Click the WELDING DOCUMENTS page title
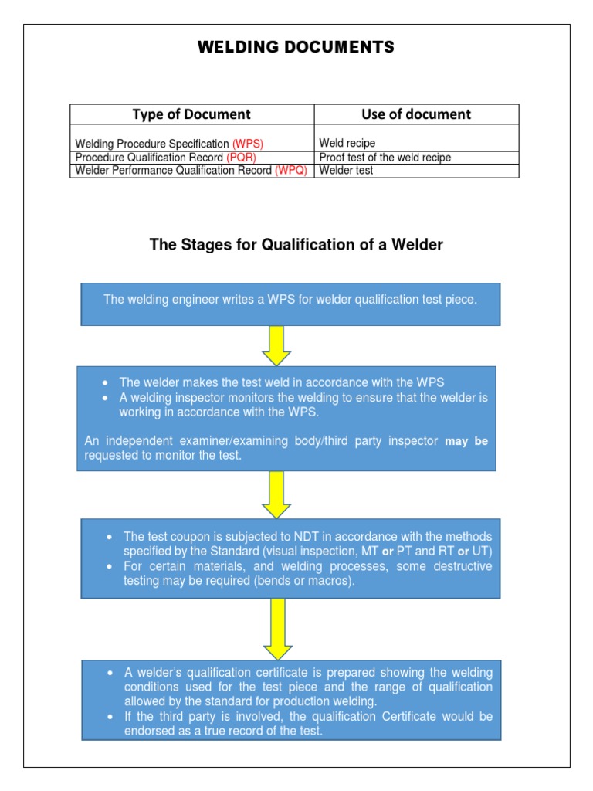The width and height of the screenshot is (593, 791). [296, 48]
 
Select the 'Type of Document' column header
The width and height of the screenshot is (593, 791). [191, 114]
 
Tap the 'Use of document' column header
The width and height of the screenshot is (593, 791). [416, 114]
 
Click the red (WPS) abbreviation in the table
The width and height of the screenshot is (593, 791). [252, 144]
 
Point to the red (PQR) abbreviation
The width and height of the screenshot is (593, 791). [242, 158]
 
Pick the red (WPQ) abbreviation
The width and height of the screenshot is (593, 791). [291, 171]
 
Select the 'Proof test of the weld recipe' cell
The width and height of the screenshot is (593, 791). [385, 158]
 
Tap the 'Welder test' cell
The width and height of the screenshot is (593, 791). [346, 171]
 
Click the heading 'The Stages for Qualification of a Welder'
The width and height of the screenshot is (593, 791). [296, 246]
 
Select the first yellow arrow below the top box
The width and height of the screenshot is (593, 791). [276, 345]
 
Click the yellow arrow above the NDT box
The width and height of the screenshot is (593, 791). [276, 494]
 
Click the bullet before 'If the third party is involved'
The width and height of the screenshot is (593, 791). [110, 717]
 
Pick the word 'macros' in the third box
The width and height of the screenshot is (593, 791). [331, 581]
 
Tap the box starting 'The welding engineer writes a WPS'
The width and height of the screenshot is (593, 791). [290, 304]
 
